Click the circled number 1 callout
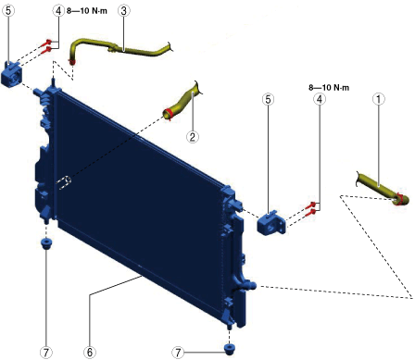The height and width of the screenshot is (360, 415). [x=379, y=99]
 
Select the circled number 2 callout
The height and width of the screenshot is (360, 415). [x=193, y=137]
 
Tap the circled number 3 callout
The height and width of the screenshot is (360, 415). [x=123, y=11]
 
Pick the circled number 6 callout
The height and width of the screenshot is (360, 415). [x=90, y=352]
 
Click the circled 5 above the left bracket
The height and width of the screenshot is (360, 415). [x=8, y=11]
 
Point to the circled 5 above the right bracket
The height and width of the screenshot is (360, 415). [x=268, y=99]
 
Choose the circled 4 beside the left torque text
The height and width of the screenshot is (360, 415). [x=58, y=11]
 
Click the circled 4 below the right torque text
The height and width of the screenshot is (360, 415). [x=320, y=99]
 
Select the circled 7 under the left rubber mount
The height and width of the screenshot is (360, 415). [x=46, y=352]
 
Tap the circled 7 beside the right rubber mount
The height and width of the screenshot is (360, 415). [x=178, y=352]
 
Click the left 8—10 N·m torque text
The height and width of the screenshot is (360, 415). [x=87, y=11]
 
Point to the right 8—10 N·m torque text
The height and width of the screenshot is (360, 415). [x=329, y=88]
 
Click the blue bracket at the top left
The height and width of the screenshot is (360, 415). [x=11, y=73]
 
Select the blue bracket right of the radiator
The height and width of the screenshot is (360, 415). [x=271, y=223]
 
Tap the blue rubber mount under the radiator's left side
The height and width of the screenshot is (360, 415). [x=46, y=243]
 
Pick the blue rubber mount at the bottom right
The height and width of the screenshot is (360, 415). [x=229, y=349]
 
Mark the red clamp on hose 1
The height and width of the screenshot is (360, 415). [x=398, y=199]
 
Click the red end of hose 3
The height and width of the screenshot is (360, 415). [x=72, y=63]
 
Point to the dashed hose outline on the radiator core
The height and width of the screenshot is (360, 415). [x=64, y=182]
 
